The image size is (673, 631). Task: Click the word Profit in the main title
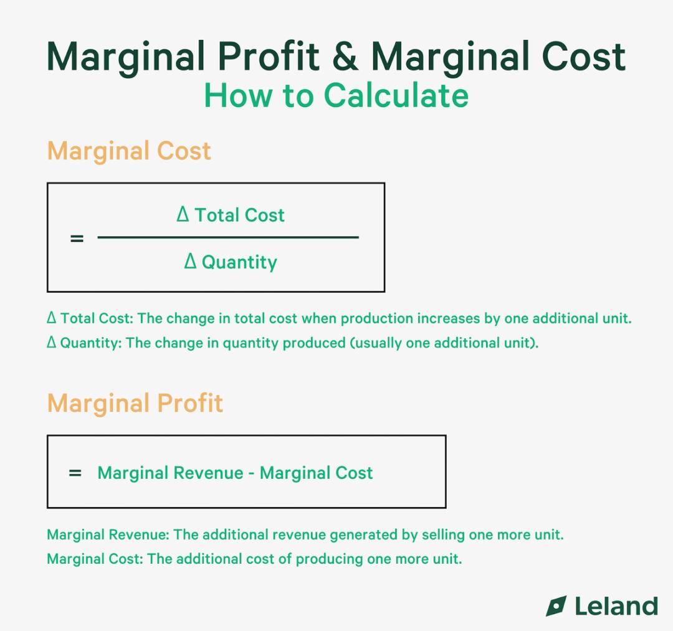click(268, 56)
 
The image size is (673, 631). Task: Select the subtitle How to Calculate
click(336, 95)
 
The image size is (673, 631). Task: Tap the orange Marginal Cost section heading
click(129, 151)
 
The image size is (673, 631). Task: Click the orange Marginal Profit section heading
click(135, 403)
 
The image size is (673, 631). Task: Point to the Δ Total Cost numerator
click(230, 215)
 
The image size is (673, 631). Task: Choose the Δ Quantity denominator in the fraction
click(230, 262)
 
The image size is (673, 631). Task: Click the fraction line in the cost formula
click(228, 237)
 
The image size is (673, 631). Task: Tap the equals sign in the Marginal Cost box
click(77, 238)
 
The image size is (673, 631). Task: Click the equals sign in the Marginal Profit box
click(75, 473)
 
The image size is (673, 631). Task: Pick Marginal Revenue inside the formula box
click(170, 473)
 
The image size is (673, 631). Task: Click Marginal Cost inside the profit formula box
click(316, 473)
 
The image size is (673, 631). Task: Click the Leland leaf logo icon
click(556, 606)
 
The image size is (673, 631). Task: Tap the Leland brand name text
click(616, 606)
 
